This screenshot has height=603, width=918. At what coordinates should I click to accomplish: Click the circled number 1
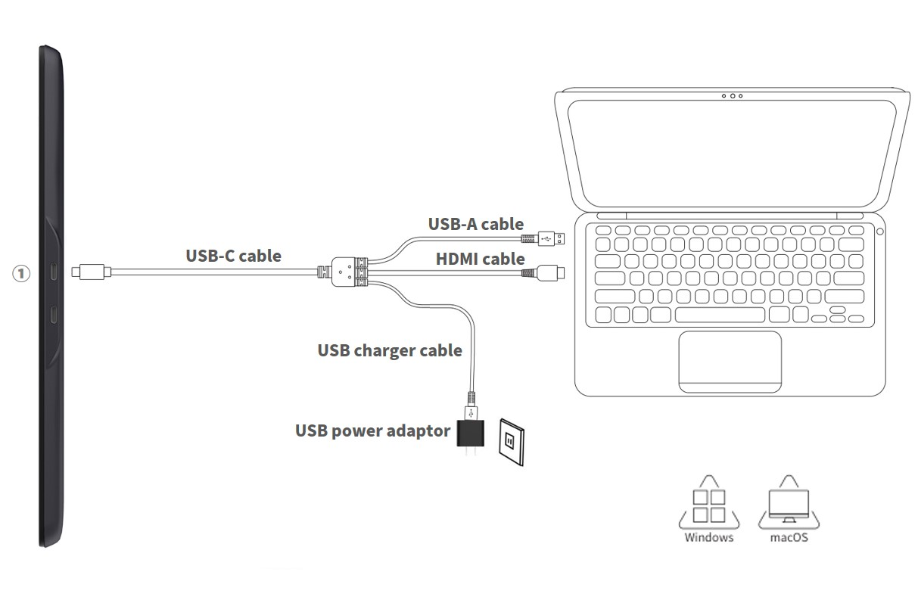point(21,273)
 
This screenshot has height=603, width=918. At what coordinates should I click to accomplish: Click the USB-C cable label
point(233,256)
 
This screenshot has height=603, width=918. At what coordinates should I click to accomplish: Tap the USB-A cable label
point(475,223)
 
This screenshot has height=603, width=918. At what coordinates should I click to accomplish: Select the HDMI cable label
point(480,259)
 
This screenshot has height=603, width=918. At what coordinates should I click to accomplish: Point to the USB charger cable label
point(389,350)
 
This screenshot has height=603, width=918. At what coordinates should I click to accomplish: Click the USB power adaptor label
point(372,430)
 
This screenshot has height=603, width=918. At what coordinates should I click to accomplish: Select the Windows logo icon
point(709,505)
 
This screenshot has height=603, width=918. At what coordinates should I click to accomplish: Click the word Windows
point(709,538)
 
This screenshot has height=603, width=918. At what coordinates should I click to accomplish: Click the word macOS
point(789,538)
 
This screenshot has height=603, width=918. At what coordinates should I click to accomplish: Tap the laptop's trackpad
point(730,362)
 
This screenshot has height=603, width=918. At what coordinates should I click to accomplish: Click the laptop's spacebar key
point(720,315)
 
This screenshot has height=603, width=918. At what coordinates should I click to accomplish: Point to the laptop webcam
point(732,96)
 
